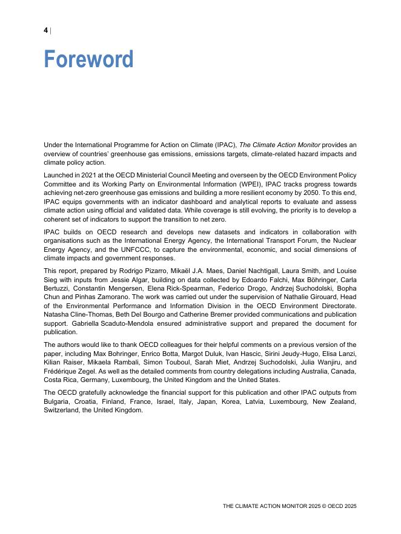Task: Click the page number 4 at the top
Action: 46,30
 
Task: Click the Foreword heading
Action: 88,59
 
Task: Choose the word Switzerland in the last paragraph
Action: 61,410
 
